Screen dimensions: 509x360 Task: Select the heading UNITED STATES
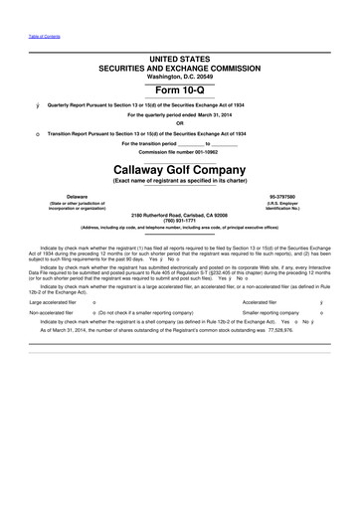[x=179, y=61]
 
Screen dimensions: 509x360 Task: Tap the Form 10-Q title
[x=179, y=88]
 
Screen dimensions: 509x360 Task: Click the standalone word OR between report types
[x=179, y=123]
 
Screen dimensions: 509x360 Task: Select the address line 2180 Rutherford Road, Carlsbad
[x=179, y=213]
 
